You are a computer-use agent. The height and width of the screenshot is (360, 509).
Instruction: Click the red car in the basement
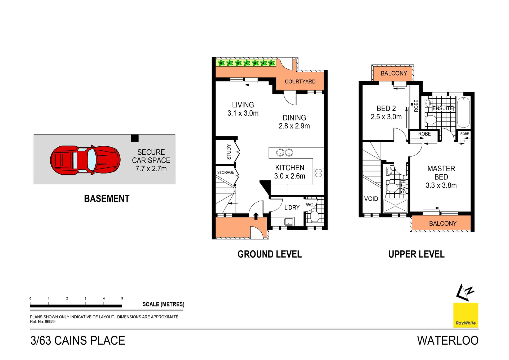coord(85,160)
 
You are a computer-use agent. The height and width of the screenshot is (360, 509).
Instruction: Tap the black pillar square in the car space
coord(135,138)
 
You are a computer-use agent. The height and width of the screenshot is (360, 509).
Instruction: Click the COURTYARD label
coord(300,82)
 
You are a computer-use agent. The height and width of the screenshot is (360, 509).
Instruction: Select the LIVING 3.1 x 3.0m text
coord(243,109)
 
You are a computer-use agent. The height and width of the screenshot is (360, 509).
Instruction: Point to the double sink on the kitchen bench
coord(284,153)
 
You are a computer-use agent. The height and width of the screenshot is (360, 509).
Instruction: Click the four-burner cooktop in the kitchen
coord(318,173)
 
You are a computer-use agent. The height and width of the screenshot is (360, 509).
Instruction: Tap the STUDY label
coord(229,152)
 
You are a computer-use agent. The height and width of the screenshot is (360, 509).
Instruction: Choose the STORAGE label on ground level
coord(225,172)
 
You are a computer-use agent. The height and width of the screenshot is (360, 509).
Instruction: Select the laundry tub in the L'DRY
coord(288,222)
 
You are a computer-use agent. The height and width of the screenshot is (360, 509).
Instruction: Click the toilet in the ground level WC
coord(314,216)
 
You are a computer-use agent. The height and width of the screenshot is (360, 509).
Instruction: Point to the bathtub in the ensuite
coord(463,112)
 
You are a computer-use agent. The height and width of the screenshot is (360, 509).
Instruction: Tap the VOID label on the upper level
coord(371,199)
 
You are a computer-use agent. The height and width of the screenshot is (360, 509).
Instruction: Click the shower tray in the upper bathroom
coord(395,206)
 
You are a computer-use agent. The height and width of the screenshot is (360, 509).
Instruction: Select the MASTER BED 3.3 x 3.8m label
coord(441,177)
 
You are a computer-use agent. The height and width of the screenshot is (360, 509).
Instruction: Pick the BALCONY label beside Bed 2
coord(393,73)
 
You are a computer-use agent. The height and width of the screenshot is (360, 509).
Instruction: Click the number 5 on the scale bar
coord(122,298)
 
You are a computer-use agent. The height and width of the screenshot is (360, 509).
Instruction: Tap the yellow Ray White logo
coord(466,315)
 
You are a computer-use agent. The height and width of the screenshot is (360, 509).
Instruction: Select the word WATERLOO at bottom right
coord(447,341)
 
